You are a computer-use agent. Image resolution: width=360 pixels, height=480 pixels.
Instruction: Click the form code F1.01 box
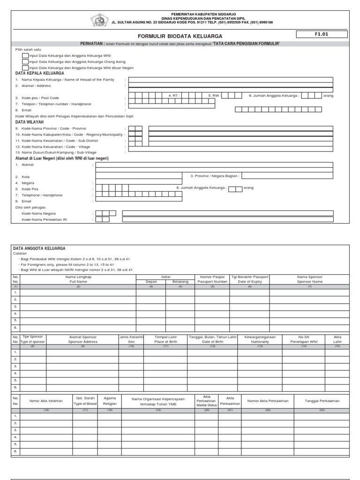click(321, 34)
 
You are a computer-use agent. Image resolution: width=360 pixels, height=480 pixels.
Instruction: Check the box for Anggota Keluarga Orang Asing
click(25, 61)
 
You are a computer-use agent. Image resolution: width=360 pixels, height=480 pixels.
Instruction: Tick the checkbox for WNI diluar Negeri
click(25, 67)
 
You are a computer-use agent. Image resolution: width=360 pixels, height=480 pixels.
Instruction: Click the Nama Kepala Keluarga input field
click(231, 80)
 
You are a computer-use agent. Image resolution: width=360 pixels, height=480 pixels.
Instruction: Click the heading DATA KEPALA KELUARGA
click(40, 74)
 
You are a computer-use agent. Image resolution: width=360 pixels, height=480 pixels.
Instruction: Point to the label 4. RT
click(174, 95)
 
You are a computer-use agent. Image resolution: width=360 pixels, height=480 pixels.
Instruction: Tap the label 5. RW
click(213, 95)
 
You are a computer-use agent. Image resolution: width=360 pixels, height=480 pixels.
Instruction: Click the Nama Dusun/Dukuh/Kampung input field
click(231, 152)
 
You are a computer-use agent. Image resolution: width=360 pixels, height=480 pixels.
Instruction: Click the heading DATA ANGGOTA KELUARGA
click(39, 248)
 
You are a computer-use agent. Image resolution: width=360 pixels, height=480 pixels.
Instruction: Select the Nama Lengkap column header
click(78, 279)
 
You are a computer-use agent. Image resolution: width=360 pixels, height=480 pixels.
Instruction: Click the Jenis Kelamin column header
click(131, 339)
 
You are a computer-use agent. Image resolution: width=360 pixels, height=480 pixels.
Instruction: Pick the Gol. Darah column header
click(85, 400)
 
